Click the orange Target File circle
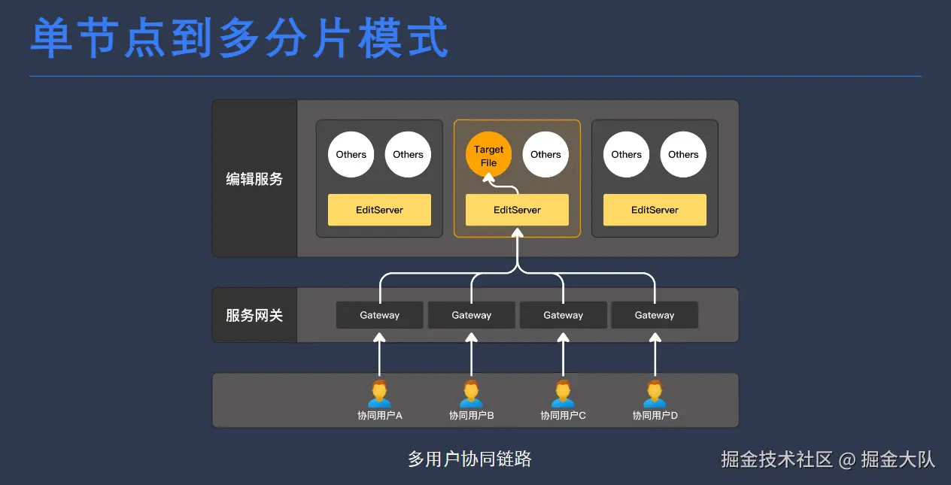488,156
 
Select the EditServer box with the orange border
517,210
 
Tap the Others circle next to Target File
545,155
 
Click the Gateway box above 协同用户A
379,315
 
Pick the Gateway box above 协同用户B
471,315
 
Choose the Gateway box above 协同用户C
563,315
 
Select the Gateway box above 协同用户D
655,315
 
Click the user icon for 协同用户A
379,393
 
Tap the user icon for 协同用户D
655,393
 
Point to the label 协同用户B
471,416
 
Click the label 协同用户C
563,416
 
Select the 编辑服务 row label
254,180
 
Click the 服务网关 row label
254,315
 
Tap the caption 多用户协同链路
469,459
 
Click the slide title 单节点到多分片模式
239,39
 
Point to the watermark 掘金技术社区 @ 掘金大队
828,459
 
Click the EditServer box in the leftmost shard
379,210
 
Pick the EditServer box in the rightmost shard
655,210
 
